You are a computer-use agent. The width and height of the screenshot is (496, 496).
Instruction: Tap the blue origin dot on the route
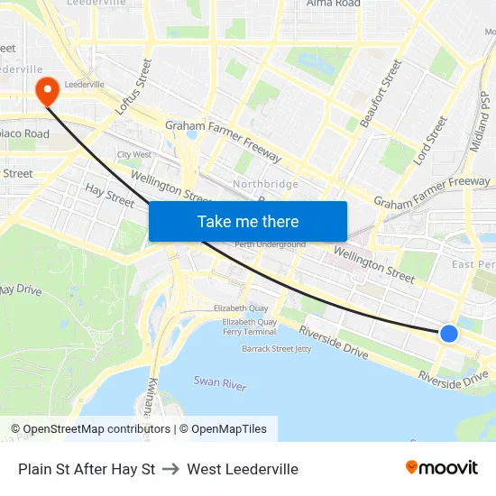tap(449, 334)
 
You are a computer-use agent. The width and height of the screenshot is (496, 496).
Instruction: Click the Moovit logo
tap(442, 467)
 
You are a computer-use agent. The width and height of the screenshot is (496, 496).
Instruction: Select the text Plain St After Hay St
tap(87, 469)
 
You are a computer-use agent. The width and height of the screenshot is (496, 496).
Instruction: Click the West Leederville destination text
tap(243, 469)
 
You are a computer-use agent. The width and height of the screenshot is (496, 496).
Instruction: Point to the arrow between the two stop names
tap(170, 469)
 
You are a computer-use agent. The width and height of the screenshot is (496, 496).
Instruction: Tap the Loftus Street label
tap(133, 87)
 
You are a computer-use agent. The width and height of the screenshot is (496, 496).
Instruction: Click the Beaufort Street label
tap(379, 92)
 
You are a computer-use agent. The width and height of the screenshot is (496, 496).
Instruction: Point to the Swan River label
tap(220, 383)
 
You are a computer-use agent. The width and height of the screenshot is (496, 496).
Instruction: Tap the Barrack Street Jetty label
tap(276, 348)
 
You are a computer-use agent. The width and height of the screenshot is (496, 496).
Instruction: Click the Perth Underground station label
tap(270, 244)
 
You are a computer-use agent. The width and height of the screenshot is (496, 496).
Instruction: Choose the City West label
tap(134, 154)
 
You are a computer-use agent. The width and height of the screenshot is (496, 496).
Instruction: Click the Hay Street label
tap(109, 192)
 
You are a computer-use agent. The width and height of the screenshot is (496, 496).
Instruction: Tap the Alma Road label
tap(333, 4)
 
